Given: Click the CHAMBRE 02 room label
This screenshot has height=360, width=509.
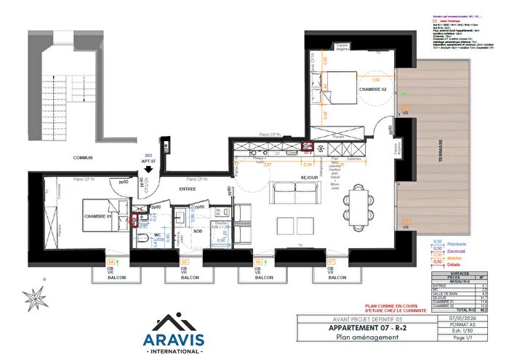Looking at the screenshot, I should [x=373, y=89].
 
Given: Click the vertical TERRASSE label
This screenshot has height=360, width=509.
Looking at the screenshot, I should [x=441, y=153].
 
